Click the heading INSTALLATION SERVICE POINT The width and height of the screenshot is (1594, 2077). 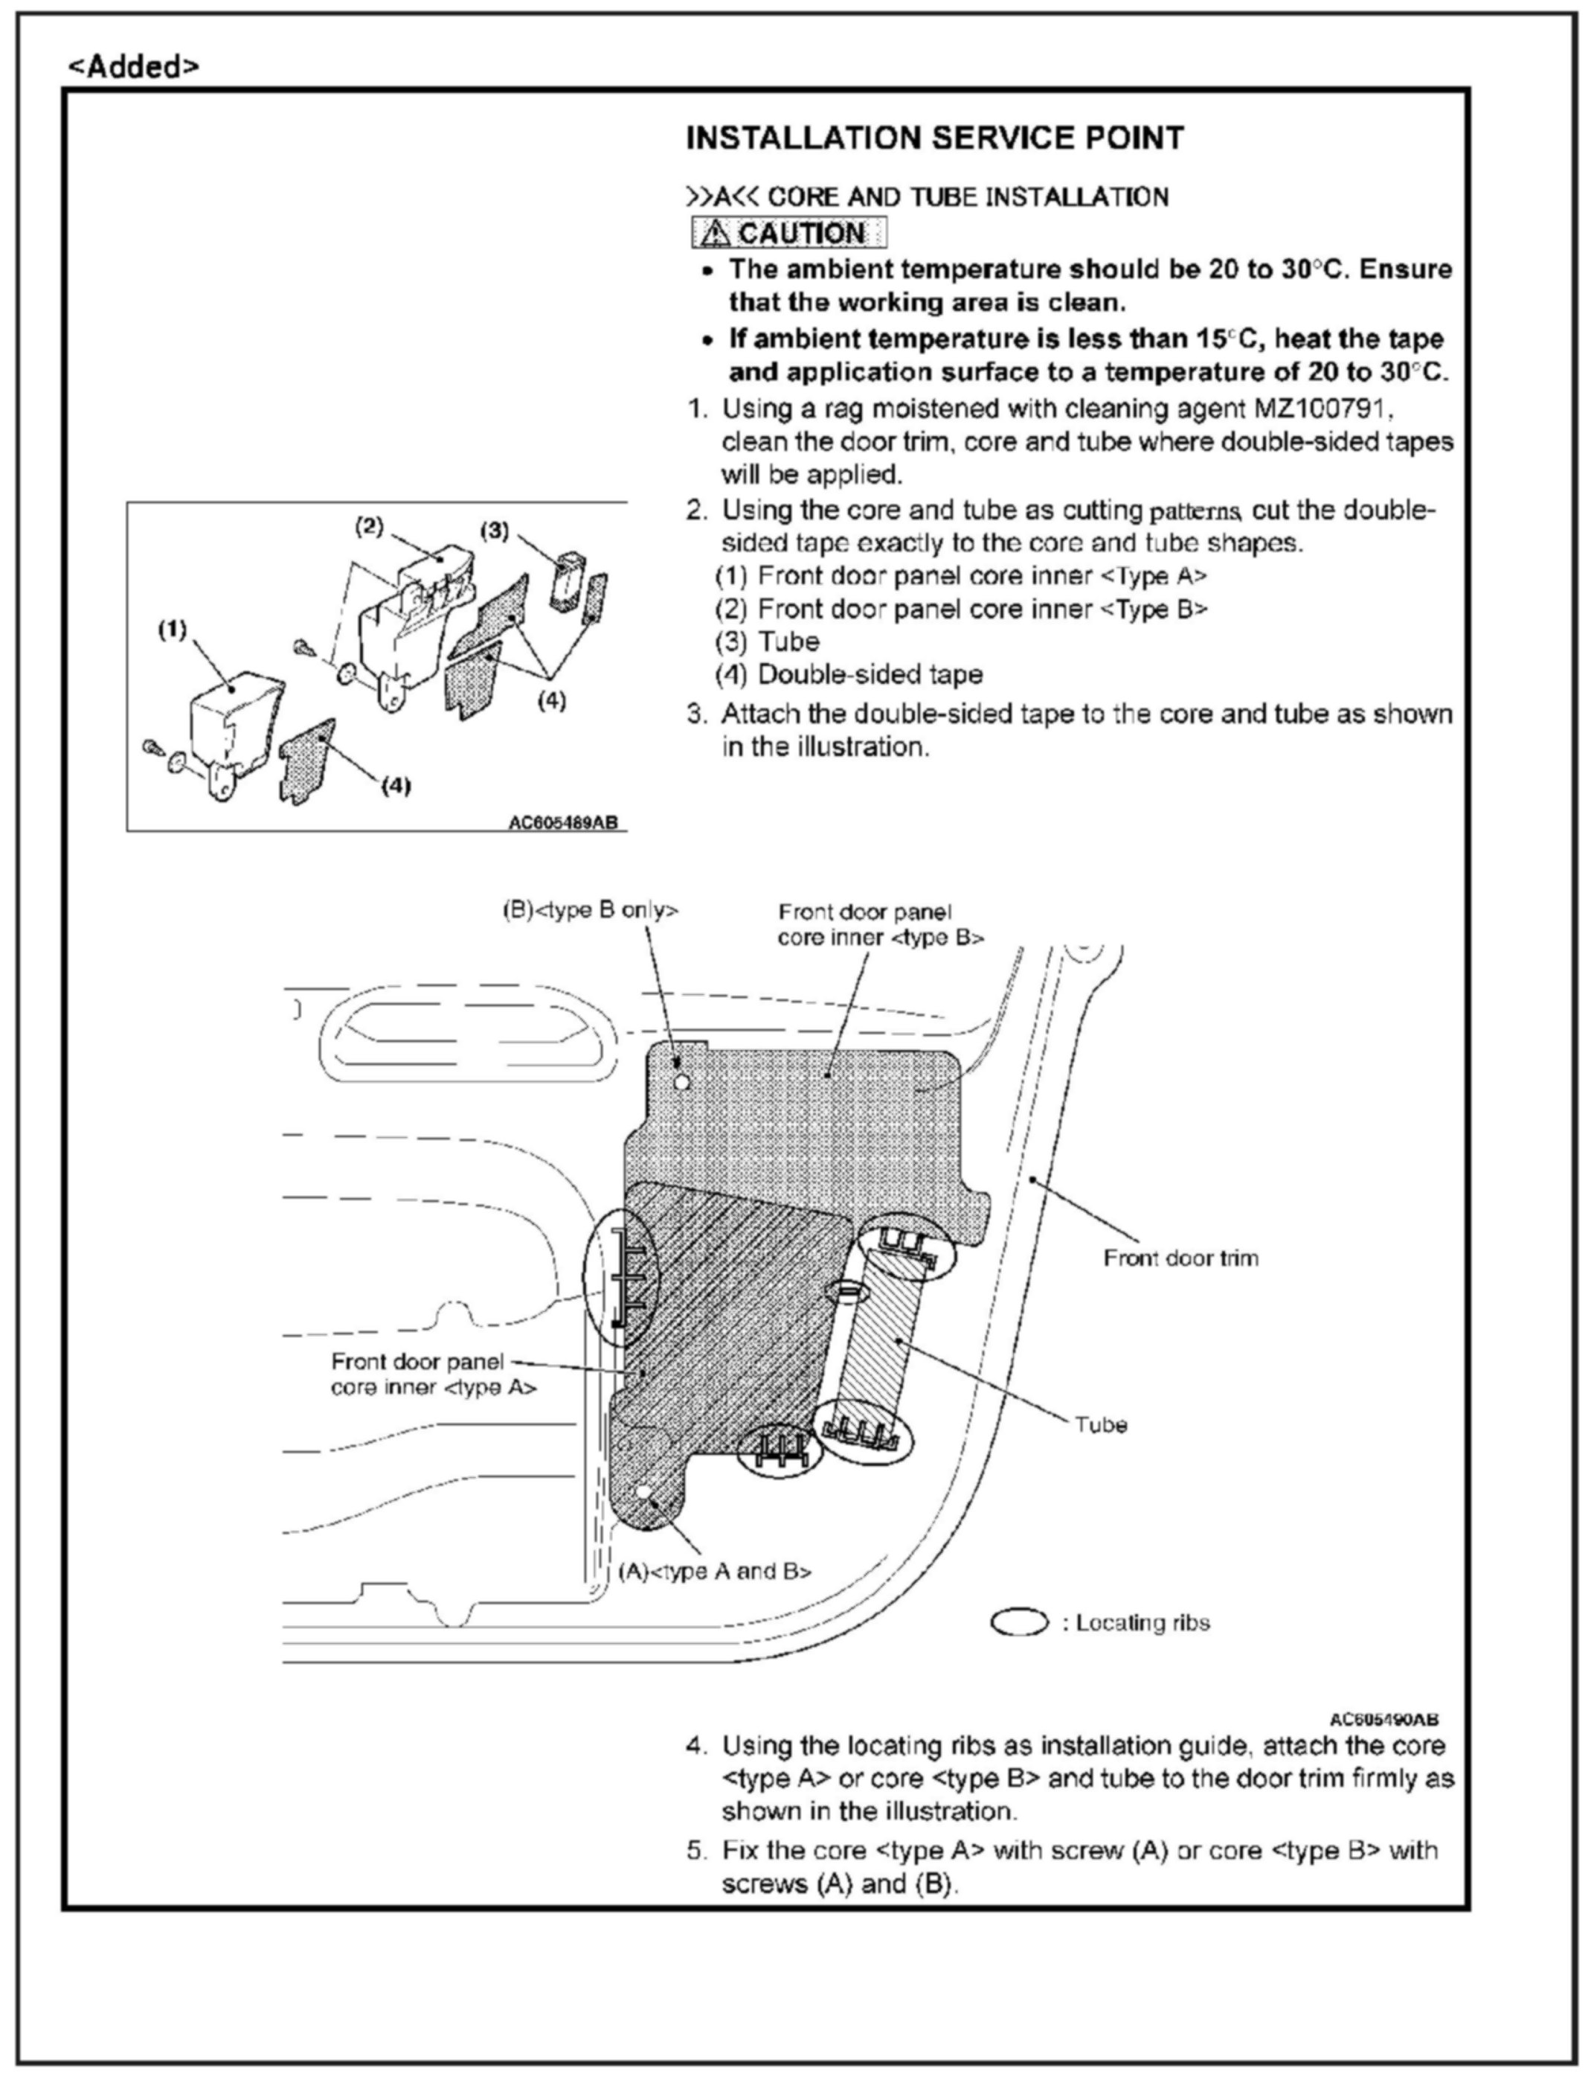point(933,138)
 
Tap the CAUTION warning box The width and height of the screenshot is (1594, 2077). point(788,233)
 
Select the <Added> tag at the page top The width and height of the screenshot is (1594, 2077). point(134,66)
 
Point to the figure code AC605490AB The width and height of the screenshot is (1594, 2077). point(1383,1719)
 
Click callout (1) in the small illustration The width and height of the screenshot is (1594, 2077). point(173,630)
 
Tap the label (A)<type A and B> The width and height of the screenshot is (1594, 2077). point(716,1571)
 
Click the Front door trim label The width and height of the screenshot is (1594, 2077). point(1180,1258)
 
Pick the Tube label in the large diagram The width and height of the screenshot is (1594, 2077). point(1101,1425)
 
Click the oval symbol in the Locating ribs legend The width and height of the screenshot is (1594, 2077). point(1019,1622)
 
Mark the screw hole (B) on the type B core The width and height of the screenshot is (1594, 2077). point(681,1081)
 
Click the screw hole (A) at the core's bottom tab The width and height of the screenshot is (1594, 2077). point(643,1492)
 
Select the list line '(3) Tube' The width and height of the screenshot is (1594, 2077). point(768,643)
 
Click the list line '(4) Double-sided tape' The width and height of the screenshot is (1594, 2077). point(849,675)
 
